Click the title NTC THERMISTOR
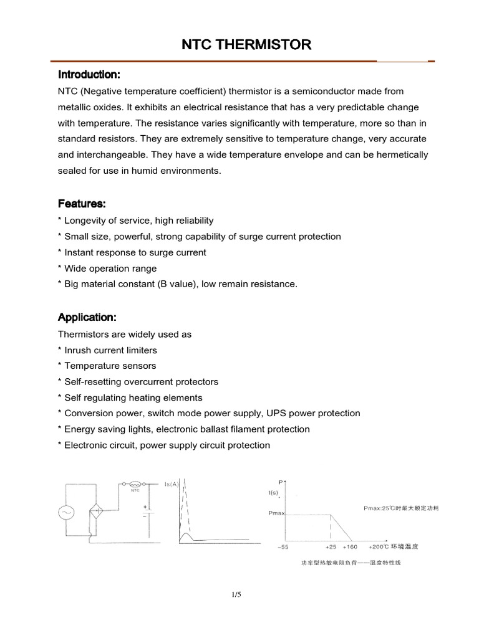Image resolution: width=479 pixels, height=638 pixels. pos(245,45)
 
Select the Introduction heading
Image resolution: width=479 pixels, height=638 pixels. pos(89,75)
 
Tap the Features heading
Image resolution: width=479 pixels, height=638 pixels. pos(82,204)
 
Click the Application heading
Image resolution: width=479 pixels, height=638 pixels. pos(87,318)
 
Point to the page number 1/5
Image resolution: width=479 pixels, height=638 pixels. pos(236,594)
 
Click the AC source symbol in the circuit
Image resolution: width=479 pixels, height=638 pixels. pos(66,512)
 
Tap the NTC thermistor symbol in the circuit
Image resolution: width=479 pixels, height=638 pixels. pos(134,483)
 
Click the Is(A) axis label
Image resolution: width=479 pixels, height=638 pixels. pos(172,483)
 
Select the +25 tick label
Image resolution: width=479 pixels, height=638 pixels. pos(331,547)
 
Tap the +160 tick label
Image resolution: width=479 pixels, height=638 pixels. pos(350,547)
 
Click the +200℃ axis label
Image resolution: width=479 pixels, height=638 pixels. pos(379,547)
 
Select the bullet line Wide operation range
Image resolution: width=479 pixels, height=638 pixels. pos(107,269)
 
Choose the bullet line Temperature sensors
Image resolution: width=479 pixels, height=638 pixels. pos(107,366)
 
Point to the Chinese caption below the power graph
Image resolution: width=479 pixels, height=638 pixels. pos(351,563)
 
